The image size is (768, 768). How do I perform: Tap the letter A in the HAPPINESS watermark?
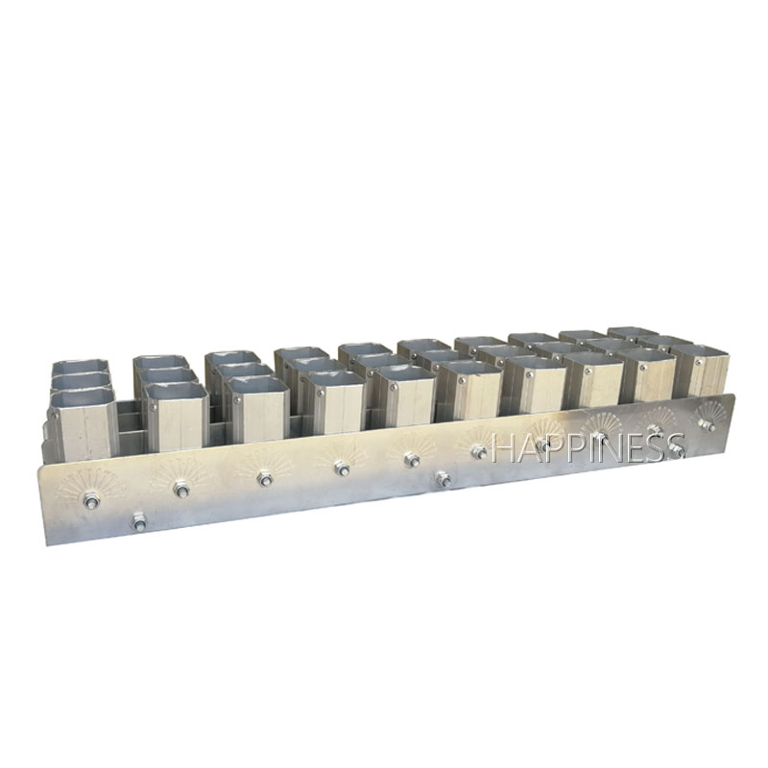tap(529, 449)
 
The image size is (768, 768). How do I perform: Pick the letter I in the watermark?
tap(592, 449)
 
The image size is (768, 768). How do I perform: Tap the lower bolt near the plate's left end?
tap(138, 520)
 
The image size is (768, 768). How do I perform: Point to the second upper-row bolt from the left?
tap(182, 489)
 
